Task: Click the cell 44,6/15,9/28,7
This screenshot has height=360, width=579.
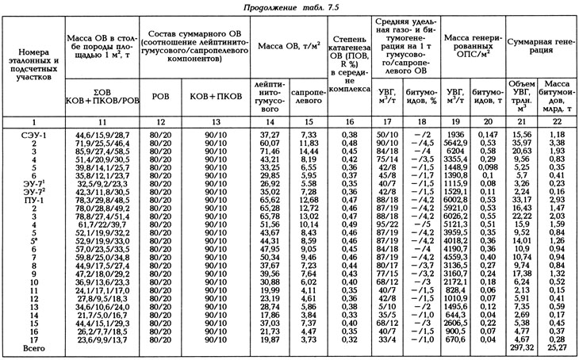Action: (x=101, y=136)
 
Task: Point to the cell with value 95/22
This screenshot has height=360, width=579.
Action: (x=387, y=225)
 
